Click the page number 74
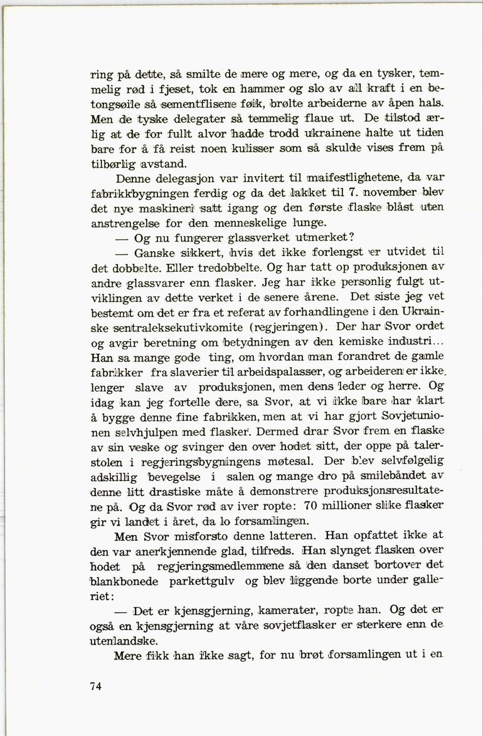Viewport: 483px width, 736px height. click(95, 686)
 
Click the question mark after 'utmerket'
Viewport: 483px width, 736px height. click(353, 238)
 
